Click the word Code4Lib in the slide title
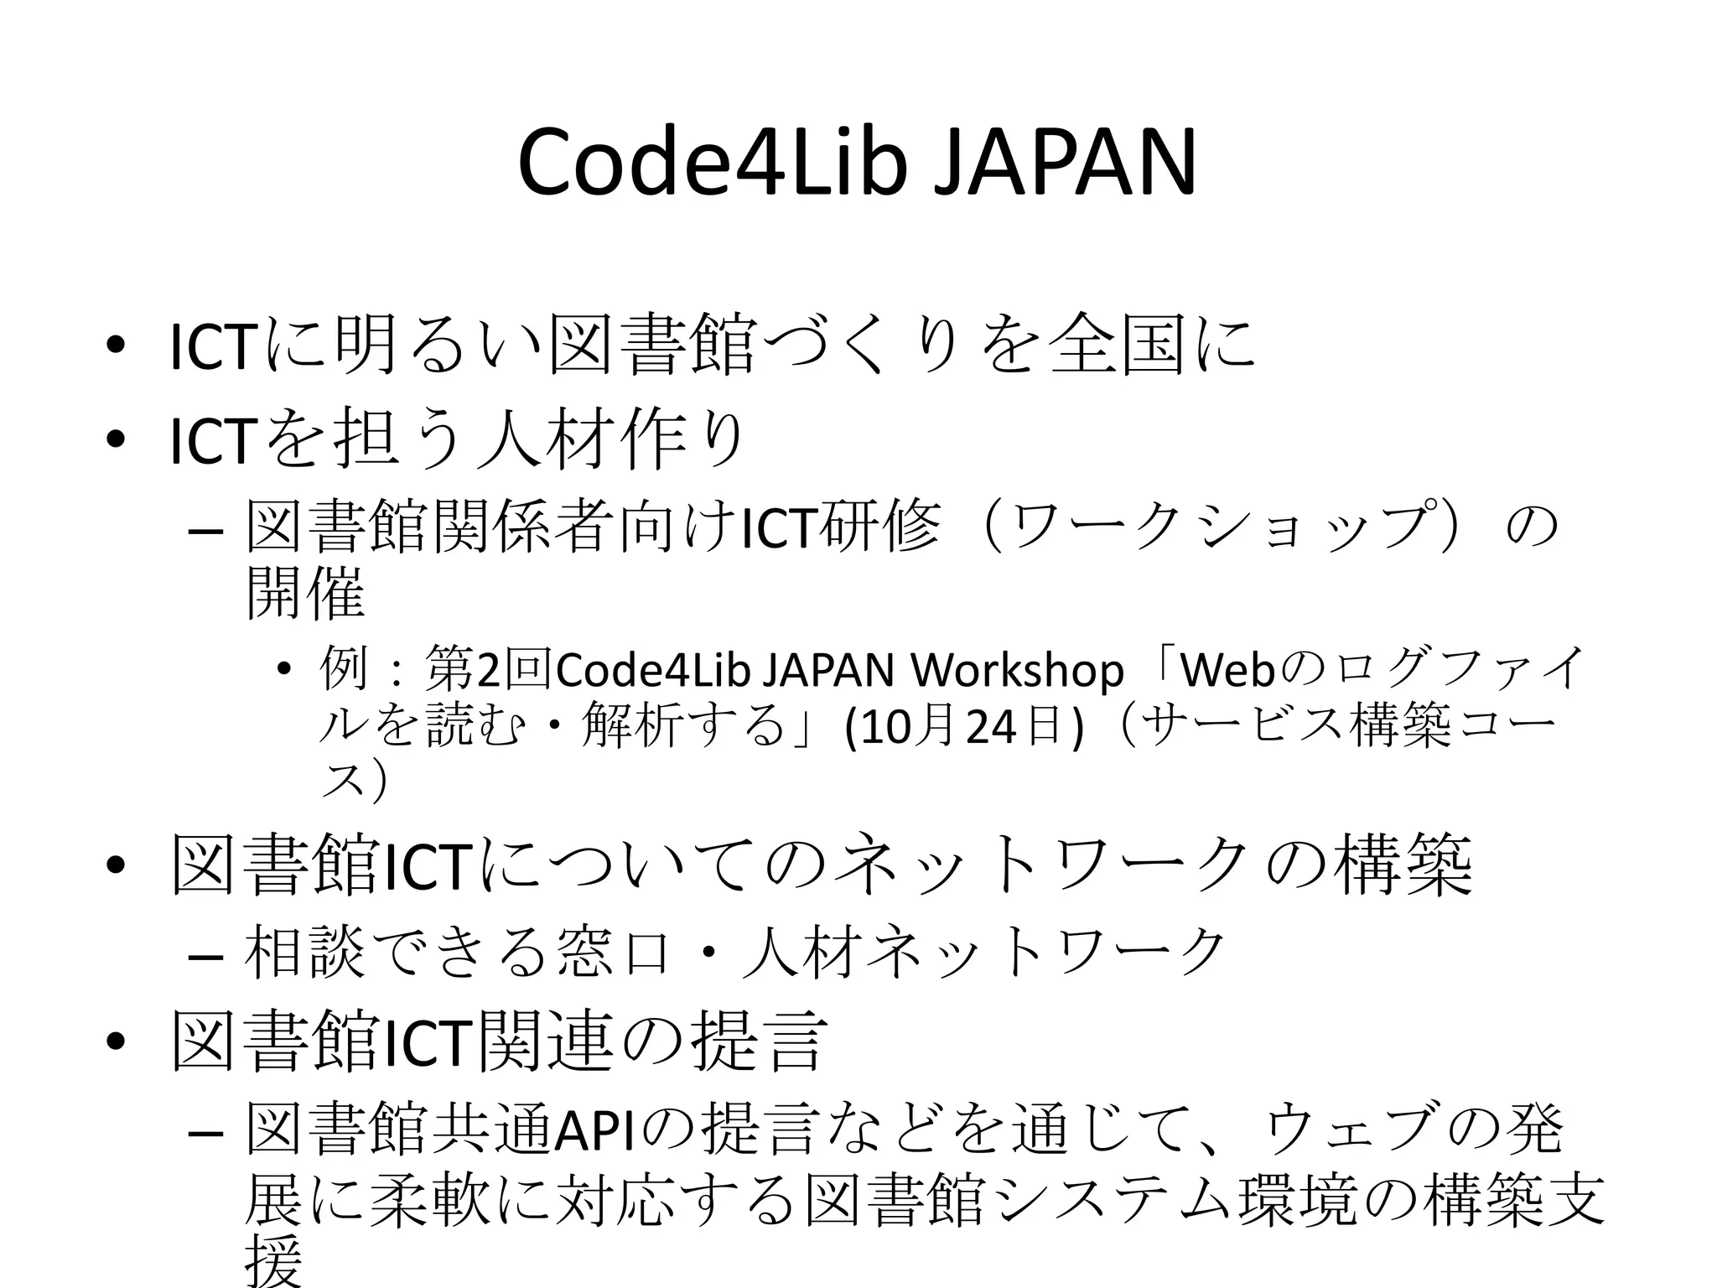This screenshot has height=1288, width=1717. tap(713, 163)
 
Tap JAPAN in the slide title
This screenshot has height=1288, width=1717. tap(1065, 163)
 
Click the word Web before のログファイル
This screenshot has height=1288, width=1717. tap(1227, 671)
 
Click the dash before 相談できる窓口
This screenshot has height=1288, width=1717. tap(206, 957)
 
